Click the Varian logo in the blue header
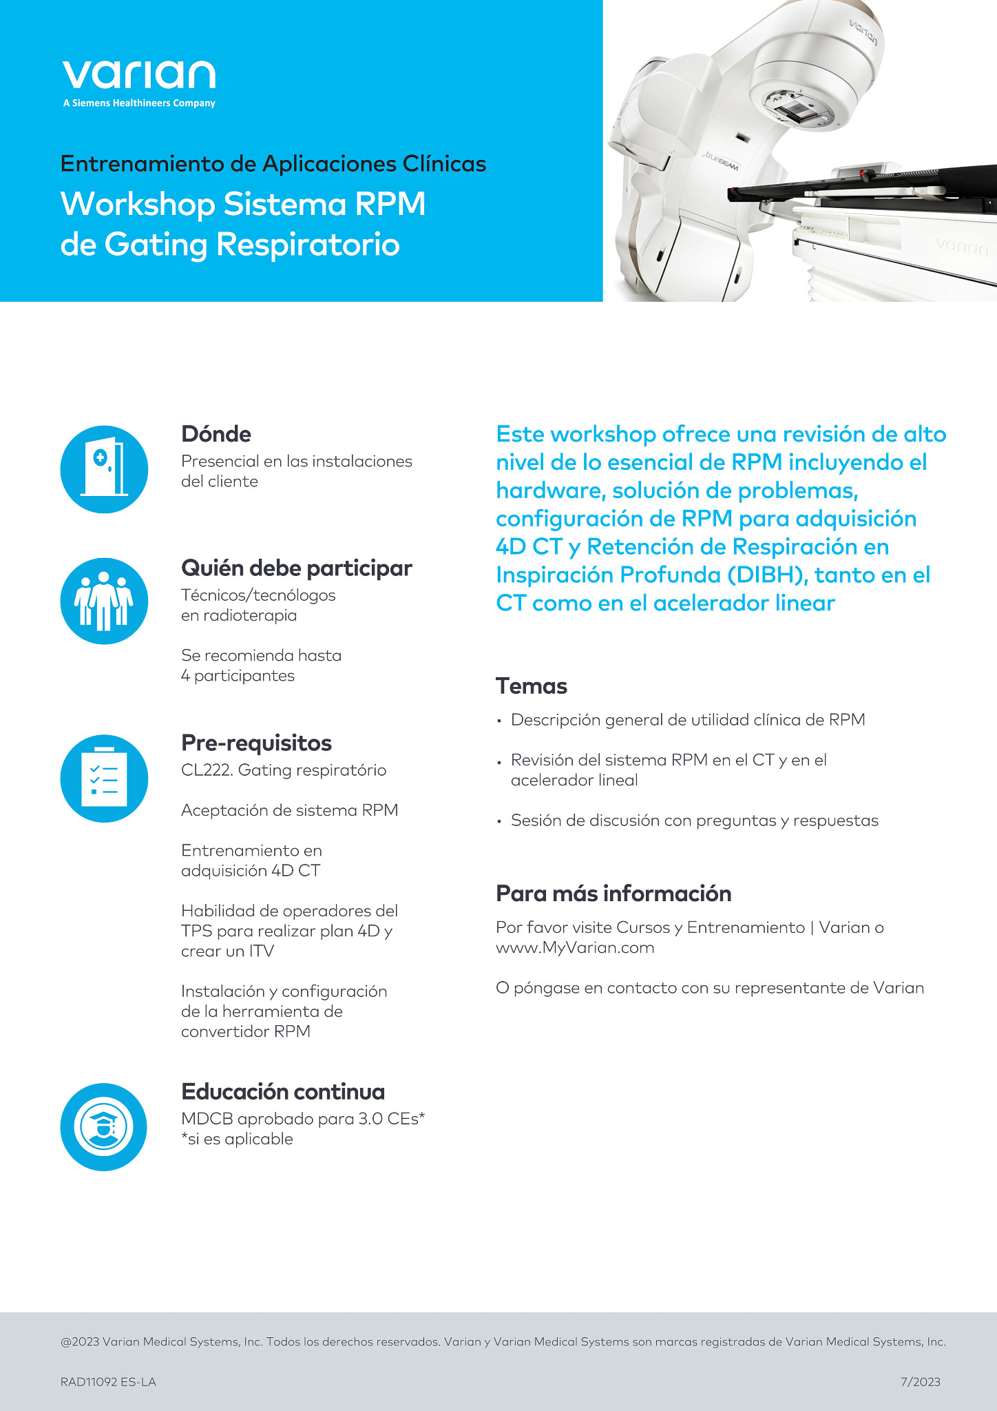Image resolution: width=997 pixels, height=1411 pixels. coord(139,75)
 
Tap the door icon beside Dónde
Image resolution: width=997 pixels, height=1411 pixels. coord(105,469)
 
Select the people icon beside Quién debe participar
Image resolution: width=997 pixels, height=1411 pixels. coord(105,601)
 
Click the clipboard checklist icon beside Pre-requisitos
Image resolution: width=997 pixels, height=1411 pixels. coord(105,778)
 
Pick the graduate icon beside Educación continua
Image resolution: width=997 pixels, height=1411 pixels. coord(104,1127)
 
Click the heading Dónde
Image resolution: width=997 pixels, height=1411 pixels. coord(216,434)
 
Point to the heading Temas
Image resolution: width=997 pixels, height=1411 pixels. coord(532,686)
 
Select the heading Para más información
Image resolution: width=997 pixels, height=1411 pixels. coord(613,894)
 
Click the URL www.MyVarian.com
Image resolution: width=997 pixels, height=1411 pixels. coord(575,948)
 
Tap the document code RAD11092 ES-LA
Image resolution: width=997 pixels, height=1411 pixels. coord(108,1381)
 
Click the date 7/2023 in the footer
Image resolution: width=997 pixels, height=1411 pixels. coord(920,1381)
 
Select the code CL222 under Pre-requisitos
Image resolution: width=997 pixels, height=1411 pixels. coord(206,770)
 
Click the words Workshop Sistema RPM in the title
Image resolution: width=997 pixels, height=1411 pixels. coord(243,204)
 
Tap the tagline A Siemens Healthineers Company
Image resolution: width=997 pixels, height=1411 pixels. coord(139,103)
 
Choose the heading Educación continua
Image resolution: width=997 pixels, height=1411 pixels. coord(283,1092)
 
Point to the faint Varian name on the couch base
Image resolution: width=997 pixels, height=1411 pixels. coord(961,245)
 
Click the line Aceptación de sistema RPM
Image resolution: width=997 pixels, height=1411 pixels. coord(289,810)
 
